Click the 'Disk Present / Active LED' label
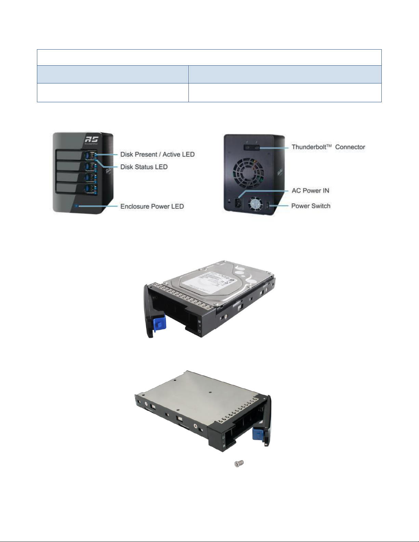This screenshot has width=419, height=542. click(x=157, y=155)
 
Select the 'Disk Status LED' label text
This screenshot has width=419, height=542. click(x=144, y=167)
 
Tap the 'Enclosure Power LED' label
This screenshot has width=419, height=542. click(x=152, y=207)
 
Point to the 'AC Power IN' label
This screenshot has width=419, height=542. click(x=310, y=191)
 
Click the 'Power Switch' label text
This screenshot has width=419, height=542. click(x=311, y=206)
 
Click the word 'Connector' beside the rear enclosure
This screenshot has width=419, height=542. click(x=350, y=147)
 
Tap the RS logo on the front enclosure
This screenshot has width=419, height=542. click(x=92, y=139)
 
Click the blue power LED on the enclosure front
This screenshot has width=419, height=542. click(x=76, y=206)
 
